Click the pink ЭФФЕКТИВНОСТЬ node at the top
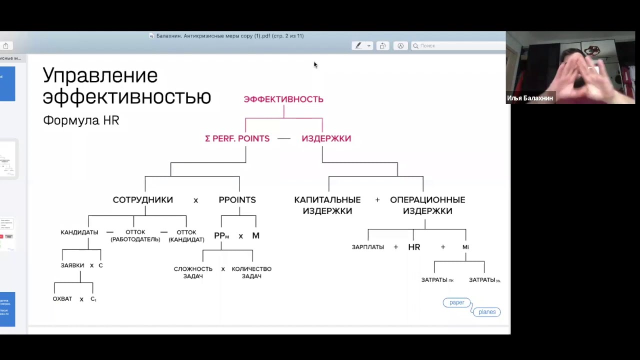click(283, 99)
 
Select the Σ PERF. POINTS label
click(237, 138)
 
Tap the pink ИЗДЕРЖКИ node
click(326, 138)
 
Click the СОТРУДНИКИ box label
click(143, 199)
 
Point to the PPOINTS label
click(237, 199)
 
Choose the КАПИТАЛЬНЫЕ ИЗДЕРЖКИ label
click(327, 205)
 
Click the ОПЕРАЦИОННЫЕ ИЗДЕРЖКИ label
click(427, 205)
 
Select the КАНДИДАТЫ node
click(79, 232)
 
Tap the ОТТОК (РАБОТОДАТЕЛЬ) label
click(135, 235)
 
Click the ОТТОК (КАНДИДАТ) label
click(186, 235)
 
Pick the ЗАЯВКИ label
click(72, 265)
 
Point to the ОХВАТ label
click(62, 299)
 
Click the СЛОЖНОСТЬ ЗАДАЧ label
click(193, 272)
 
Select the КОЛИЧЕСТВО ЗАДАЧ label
click(251, 272)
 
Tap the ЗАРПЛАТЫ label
click(368, 247)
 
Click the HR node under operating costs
click(414, 247)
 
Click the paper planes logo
click(471, 307)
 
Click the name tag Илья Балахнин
click(530, 98)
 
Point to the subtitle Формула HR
click(81, 120)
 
